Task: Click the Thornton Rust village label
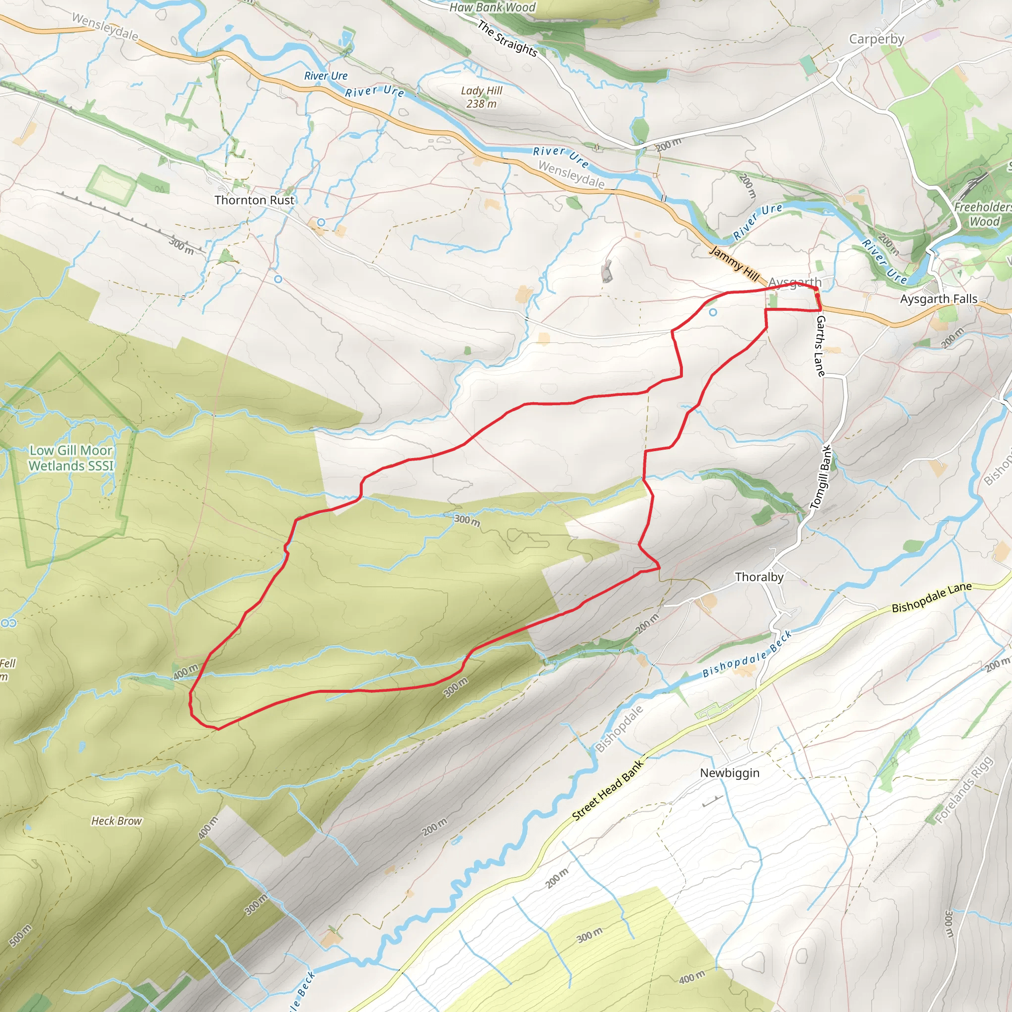(254, 200)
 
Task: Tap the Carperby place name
(876, 40)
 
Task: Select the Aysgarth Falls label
(939, 299)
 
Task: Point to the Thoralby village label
(759, 577)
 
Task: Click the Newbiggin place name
(730, 773)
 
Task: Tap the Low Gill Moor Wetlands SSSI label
(71, 458)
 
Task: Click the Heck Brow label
(116, 821)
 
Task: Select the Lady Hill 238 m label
(481, 97)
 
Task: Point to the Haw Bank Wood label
(492, 7)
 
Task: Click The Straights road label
(507, 38)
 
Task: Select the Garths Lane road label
(820, 346)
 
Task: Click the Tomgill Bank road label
(821, 477)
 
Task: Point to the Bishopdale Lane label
(932, 598)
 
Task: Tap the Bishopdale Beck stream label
(747, 654)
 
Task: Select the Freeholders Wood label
(983, 213)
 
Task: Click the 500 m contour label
(21, 935)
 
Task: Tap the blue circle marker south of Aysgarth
(713, 312)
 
